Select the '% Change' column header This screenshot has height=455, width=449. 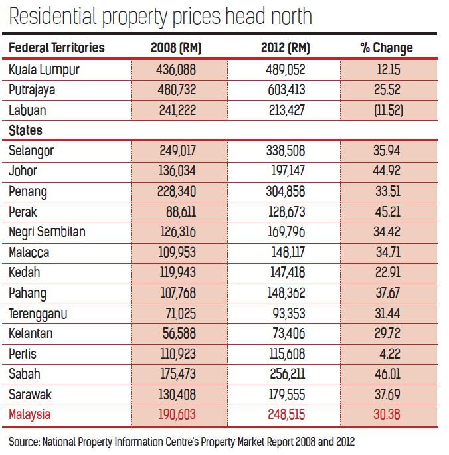tap(386, 48)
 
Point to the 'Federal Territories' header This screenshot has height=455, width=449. tap(57, 48)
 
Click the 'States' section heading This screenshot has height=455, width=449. tap(26, 130)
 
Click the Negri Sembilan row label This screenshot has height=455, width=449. tap(47, 232)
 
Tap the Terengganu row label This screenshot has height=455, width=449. tap(39, 313)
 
